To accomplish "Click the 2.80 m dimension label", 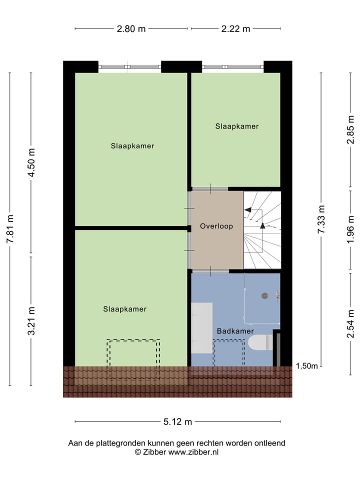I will coord(131,28).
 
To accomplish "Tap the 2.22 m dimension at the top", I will coord(235,28).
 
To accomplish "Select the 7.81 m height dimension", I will coord(9,229).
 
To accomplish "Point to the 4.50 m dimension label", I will coord(31,162).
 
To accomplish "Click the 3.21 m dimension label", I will coord(31,320).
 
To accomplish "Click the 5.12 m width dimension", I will coord(177,421).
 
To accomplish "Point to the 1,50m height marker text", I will coord(306,366).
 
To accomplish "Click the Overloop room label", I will coord(216,226).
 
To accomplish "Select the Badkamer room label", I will coord(235,331).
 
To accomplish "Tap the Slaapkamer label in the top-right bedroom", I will coord(237,126).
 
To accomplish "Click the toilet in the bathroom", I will coord(260,342).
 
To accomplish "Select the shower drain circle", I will coord(264,295).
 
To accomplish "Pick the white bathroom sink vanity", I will coord(202,327).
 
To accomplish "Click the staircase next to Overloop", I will coord(262,230).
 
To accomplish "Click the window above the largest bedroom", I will coord(129,66).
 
